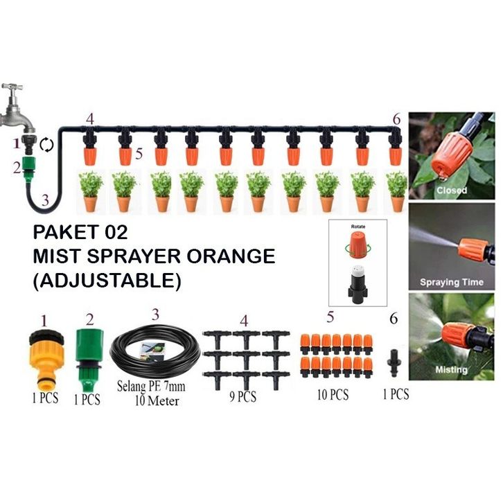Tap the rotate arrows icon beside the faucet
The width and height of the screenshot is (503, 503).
pyautogui.click(x=46, y=145)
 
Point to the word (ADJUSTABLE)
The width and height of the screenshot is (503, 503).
pyautogui.click(x=107, y=281)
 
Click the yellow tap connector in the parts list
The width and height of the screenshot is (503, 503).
pyautogui.click(x=45, y=360)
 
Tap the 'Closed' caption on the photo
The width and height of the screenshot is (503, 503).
pyautogui.click(x=451, y=190)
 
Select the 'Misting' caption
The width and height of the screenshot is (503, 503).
pyautogui.click(x=451, y=370)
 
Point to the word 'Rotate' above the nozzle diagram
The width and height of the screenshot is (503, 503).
pyautogui.click(x=359, y=227)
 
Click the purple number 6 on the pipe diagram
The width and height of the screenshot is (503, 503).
pyautogui.click(x=396, y=119)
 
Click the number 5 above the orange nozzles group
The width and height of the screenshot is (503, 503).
pyautogui.click(x=330, y=317)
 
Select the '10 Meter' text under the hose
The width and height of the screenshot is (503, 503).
pyautogui.click(x=157, y=400)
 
